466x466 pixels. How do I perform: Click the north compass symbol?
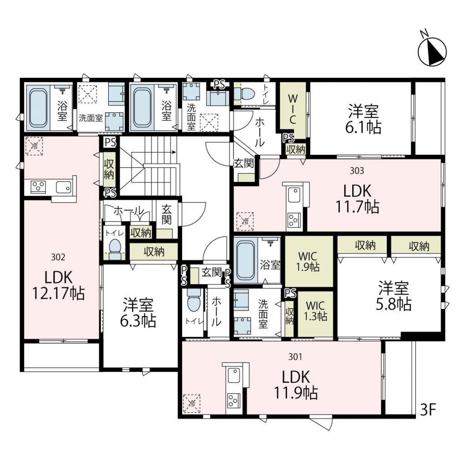click(432, 52)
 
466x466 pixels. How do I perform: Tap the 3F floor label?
click(428, 410)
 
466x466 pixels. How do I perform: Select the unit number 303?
click(357, 171)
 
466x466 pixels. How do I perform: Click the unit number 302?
click(58, 257)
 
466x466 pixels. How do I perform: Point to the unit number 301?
click(295, 357)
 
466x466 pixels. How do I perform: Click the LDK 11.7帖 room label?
click(357, 199)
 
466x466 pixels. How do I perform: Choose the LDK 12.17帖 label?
click(58, 285)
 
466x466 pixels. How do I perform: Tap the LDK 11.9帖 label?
click(296, 385)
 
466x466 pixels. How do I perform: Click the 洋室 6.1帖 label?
click(363, 119)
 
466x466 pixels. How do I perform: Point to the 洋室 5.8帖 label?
click(393, 296)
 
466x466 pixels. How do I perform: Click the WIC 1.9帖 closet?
click(309, 261)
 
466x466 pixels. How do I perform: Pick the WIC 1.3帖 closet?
click(316, 314)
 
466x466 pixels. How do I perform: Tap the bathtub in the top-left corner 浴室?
click(38, 108)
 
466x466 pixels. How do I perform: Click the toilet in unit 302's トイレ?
click(115, 248)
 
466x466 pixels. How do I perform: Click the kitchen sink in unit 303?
click(294, 195)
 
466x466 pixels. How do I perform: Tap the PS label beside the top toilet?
click(220, 85)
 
